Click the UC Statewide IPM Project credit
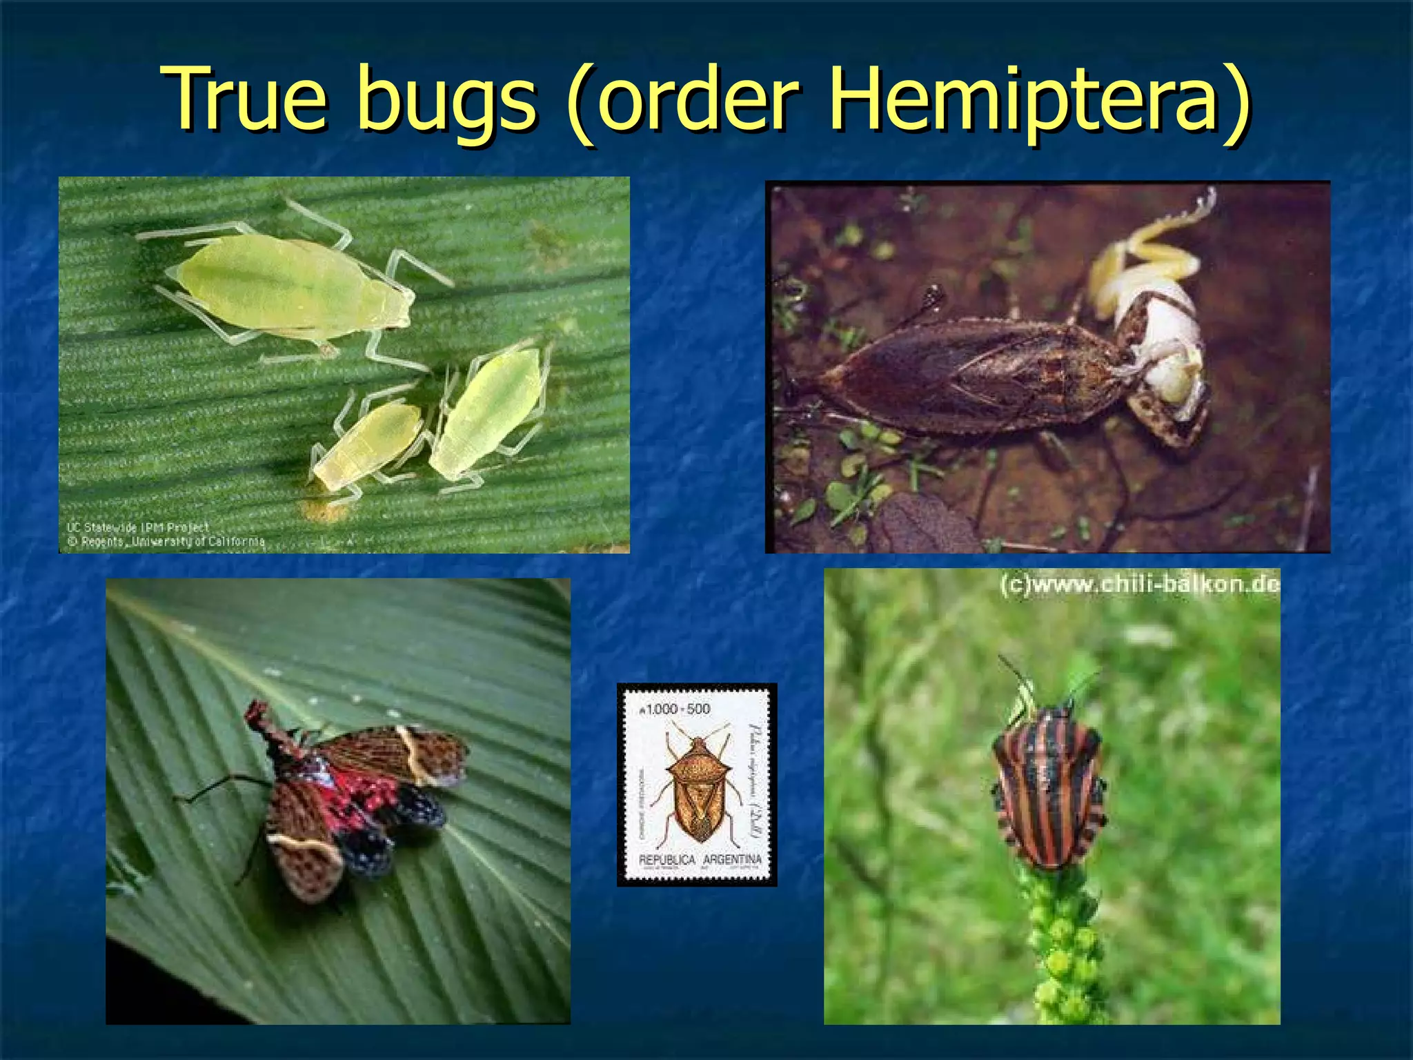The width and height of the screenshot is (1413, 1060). (x=137, y=527)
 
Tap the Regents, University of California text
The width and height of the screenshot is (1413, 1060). (x=166, y=542)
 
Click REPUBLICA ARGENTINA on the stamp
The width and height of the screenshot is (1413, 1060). (x=700, y=860)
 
